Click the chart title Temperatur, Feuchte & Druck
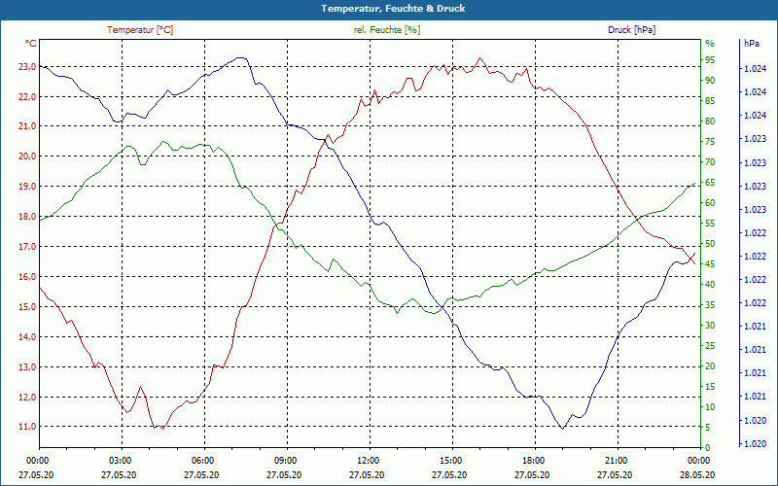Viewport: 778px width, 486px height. pos(388,9)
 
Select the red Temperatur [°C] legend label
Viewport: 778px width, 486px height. pos(140,30)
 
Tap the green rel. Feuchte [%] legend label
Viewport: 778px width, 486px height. pos(387,30)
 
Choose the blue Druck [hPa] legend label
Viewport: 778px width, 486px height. pos(631,30)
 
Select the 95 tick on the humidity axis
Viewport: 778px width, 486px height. pos(710,59)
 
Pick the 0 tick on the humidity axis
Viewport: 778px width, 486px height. pos(707,447)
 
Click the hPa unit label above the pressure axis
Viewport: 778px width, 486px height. pos(752,44)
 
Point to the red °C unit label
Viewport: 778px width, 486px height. pos(31,44)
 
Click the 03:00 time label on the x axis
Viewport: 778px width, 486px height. pos(121,460)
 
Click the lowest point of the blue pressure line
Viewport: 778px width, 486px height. pos(562,428)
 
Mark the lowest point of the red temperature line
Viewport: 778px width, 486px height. pos(156,429)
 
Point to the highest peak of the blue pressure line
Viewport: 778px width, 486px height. pos(240,58)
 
